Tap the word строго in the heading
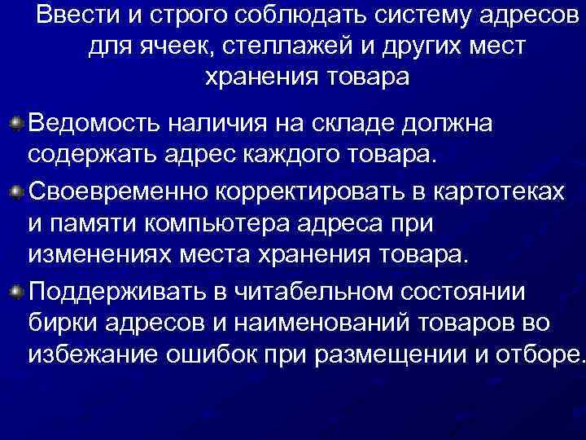186,16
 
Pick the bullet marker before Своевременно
18,189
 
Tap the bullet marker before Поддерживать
18,290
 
